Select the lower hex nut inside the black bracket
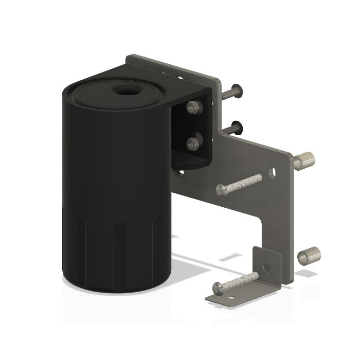194,143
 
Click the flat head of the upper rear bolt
237,91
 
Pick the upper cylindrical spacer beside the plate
304,160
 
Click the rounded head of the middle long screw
222,191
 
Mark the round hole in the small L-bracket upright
266,267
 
